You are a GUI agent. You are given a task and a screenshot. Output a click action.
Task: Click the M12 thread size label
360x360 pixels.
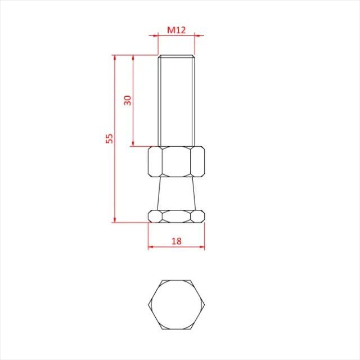tap(176, 30)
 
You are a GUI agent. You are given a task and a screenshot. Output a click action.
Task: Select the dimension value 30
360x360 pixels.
tap(128, 100)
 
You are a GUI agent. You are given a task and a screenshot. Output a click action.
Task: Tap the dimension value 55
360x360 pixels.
tap(110, 138)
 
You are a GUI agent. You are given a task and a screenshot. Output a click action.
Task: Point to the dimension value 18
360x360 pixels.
tap(176, 241)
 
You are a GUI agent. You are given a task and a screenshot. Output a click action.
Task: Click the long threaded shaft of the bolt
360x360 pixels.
tap(176, 101)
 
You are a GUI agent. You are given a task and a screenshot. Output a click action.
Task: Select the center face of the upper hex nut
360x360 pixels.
tap(176, 162)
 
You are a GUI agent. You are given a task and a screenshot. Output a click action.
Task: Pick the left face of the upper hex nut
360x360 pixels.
tap(154, 162)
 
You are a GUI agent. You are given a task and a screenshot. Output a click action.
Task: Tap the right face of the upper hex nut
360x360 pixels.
tap(197, 162)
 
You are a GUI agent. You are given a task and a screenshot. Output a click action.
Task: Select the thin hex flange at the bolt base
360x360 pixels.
tap(176, 215)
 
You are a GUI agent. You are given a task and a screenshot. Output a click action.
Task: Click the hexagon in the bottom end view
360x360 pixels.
tap(176, 304)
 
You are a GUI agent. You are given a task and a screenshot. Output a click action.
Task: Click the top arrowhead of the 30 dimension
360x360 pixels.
tap(133, 57)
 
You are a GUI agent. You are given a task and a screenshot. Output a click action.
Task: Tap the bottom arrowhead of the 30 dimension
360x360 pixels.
tap(133, 144)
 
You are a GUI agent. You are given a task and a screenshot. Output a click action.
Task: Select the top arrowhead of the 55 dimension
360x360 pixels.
tap(115, 57)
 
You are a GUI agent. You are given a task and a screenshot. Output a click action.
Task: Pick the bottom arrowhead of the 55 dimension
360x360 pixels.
tap(115, 219)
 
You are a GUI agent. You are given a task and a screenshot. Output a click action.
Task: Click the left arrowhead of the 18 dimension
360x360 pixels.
tap(151, 246)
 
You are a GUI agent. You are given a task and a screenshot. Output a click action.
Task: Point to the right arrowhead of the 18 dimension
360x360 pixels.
tap(202, 246)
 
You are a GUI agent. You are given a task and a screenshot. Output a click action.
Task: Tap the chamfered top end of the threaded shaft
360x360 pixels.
tap(176, 57)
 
